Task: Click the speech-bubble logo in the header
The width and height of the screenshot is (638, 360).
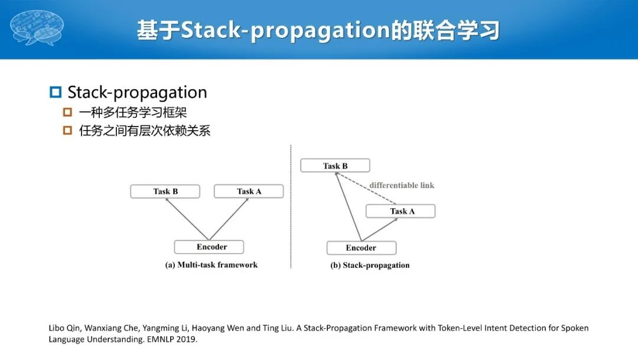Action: click(x=37, y=28)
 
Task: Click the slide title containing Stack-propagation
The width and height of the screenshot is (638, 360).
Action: click(x=318, y=30)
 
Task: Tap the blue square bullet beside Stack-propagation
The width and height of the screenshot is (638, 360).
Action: click(x=56, y=92)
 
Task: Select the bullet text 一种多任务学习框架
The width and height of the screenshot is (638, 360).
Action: click(x=133, y=112)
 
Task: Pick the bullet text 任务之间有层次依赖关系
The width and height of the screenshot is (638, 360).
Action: click(x=145, y=131)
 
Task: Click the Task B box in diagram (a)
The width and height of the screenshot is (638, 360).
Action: click(x=165, y=192)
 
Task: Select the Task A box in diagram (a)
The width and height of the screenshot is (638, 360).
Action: click(x=249, y=192)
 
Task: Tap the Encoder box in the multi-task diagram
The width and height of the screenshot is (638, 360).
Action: click(x=209, y=247)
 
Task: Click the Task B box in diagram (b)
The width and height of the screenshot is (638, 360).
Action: click(x=335, y=166)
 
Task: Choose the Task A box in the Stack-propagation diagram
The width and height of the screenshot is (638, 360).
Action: click(x=401, y=211)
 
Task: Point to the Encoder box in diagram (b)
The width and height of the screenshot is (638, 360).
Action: click(x=361, y=248)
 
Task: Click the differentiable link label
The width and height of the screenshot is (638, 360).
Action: click(x=402, y=185)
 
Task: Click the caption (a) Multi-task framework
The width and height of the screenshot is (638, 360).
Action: click(x=211, y=265)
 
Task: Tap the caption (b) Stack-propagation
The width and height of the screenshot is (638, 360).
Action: click(x=370, y=265)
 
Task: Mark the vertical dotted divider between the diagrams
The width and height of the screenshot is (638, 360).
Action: click(x=291, y=207)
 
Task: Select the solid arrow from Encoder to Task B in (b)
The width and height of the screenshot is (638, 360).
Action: click(x=349, y=207)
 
